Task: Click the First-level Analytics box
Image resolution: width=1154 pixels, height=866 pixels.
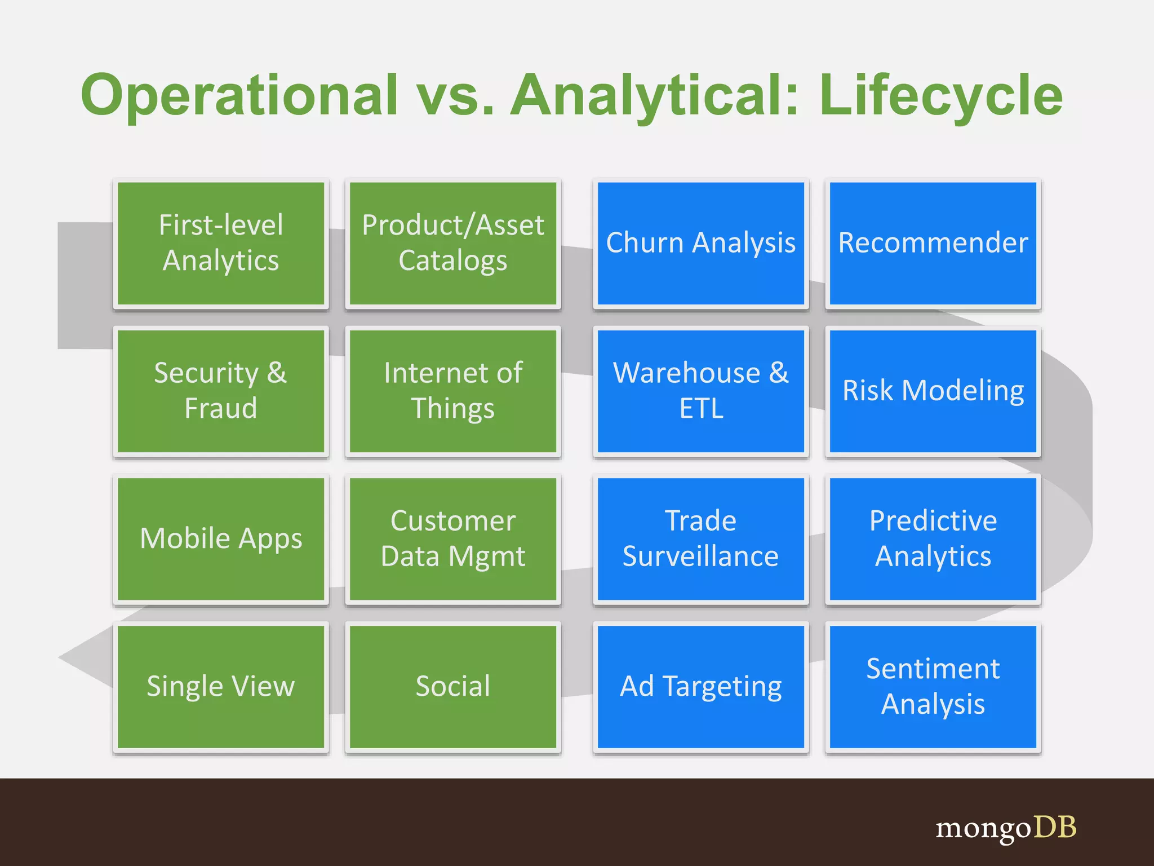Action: [221, 243]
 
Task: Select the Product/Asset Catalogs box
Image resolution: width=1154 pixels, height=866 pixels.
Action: [453, 243]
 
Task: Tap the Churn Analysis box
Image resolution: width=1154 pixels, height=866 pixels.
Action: [700, 243]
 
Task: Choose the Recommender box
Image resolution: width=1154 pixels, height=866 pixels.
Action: [933, 243]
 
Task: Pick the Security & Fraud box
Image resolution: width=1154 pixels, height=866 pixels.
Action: [221, 391]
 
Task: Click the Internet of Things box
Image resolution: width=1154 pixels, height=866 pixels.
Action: [453, 391]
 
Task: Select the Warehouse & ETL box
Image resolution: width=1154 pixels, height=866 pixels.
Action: [700, 391]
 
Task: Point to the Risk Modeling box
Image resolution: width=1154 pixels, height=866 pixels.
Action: [933, 391]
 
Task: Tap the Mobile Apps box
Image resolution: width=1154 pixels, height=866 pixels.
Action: [221, 538]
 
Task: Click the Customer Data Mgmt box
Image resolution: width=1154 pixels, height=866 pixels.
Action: [453, 538]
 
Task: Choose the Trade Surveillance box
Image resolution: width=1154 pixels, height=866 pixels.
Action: [700, 538]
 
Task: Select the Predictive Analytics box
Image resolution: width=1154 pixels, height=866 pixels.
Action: [933, 538]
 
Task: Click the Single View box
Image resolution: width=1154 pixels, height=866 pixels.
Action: [221, 686]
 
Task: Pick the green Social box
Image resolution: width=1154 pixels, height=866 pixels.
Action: [453, 686]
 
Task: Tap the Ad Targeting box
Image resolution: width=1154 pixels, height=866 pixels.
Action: [700, 686]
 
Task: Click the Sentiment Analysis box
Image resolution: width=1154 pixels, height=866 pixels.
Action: [933, 686]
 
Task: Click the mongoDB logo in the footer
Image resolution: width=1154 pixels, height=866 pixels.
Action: [1005, 828]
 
